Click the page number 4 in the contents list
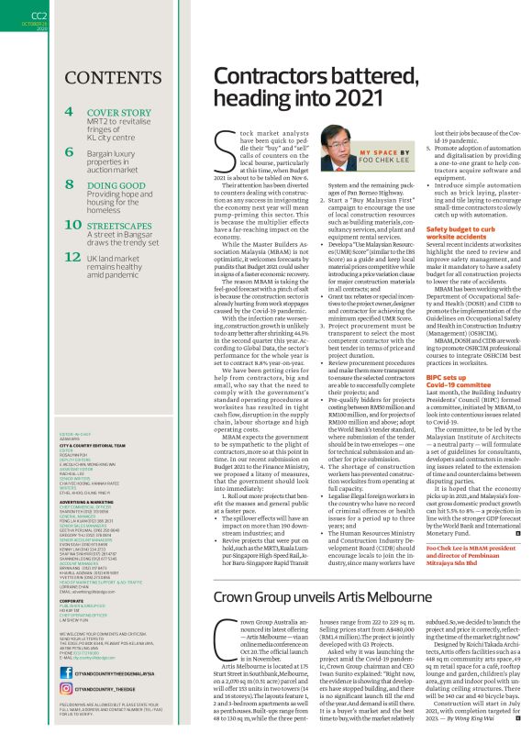(x=70, y=112)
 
